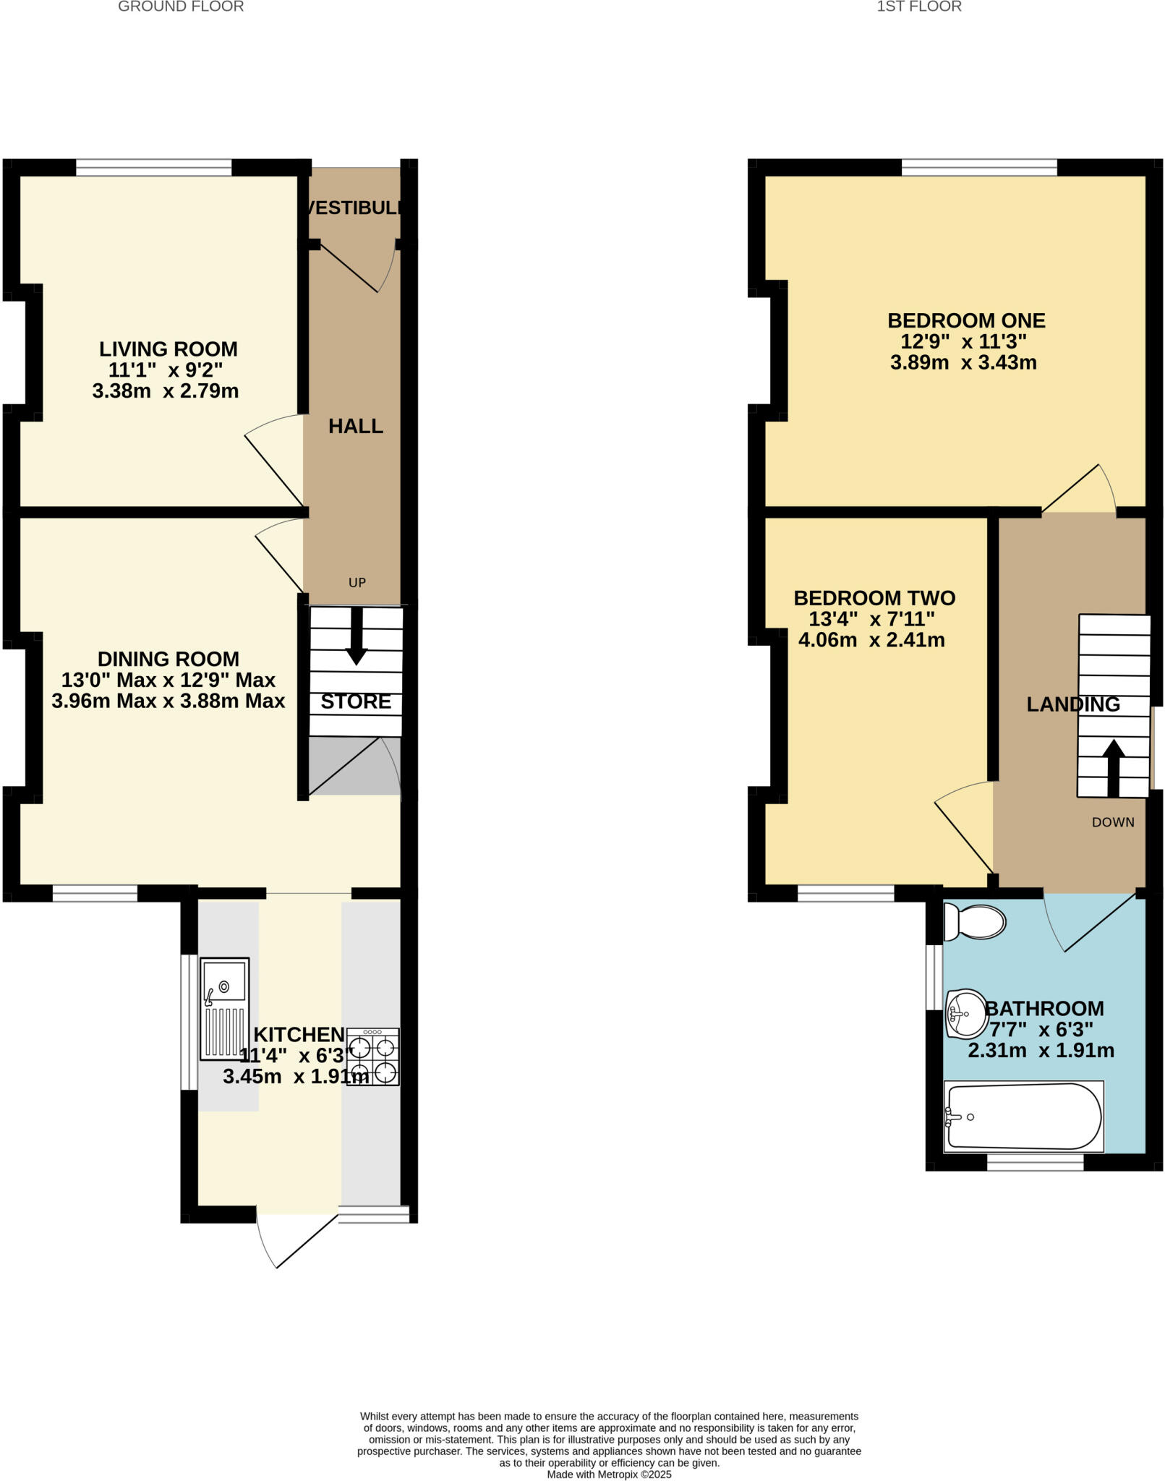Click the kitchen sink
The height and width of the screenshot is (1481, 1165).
pos(224,1009)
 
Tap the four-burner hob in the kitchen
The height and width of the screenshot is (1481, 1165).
pos(372,1057)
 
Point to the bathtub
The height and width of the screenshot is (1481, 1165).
pos(1023,1117)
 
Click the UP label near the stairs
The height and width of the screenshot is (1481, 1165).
pos(357,583)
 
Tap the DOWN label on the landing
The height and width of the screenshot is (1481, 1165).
pos(1112,822)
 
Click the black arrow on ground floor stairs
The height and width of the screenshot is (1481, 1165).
pos(356,636)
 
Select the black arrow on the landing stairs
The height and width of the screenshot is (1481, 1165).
pos(1113,768)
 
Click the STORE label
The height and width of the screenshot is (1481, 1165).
pos(356,701)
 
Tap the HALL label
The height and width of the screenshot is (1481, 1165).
pos(356,427)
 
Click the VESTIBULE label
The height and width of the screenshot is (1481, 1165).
pos(352,208)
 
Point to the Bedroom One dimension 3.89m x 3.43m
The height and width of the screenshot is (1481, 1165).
pos(963,363)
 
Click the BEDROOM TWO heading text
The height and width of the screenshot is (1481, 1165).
pos(874,598)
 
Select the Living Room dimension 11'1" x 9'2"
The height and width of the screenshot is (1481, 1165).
pos(166,370)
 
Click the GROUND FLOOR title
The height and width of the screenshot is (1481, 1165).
pos(181,7)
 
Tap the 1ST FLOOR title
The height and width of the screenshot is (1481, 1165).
pos(918,7)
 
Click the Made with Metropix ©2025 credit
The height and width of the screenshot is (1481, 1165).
pos(609,1474)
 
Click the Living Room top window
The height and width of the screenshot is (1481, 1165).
pos(154,168)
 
